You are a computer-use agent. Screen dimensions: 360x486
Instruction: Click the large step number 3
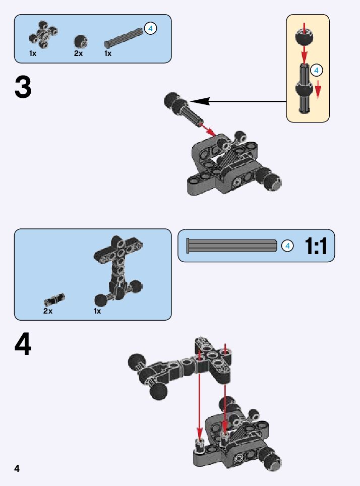tap(23, 88)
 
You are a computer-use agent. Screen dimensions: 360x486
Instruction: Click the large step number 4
tap(23, 346)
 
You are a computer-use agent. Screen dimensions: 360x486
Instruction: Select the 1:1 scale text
tap(316, 246)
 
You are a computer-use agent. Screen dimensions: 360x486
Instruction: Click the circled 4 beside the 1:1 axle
tap(287, 246)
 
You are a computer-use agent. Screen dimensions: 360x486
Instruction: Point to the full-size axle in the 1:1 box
tap(231, 246)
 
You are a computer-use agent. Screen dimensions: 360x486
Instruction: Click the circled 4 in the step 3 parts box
tap(150, 29)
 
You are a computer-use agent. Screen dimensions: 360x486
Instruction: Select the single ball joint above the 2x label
tap(80, 41)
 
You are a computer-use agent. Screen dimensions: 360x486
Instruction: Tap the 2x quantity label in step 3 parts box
tap(78, 53)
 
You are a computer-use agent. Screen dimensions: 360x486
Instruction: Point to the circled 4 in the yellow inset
tap(316, 70)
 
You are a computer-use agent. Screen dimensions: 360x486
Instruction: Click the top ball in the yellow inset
tap(305, 38)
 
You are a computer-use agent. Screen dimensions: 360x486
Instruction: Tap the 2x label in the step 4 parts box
tap(48, 311)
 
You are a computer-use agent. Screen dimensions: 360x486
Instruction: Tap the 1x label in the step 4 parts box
tap(97, 311)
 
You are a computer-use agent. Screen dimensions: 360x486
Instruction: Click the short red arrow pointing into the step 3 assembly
tap(208, 129)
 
